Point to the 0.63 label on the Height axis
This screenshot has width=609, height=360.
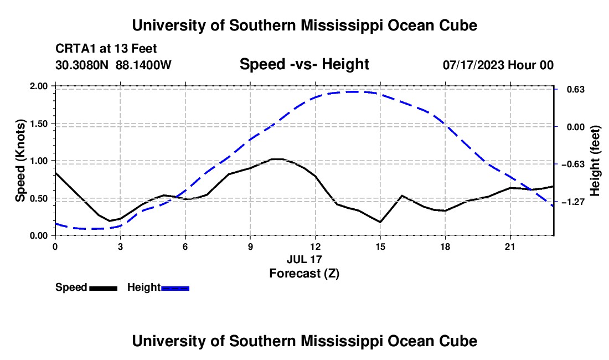click(576, 90)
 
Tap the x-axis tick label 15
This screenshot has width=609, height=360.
click(380, 246)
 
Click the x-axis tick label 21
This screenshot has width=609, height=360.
click(510, 246)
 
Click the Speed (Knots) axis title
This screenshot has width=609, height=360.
click(20, 161)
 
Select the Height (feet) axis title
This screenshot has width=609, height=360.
click(595, 161)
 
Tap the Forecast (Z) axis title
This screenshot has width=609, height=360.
click(304, 274)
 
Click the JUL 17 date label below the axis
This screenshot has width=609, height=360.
click(304, 259)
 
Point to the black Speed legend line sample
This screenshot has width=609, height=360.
click(104, 288)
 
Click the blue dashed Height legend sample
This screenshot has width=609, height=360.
click(175, 288)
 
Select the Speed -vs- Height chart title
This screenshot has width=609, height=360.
click(304, 64)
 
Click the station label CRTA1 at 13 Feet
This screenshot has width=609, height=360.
click(106, 49)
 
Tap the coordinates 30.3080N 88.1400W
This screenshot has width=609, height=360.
click(113, 65)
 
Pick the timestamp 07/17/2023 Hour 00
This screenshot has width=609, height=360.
click(498, 65)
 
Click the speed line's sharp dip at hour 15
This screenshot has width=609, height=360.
click(380, 222)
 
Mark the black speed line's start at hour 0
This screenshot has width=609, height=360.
click(55, 172)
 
